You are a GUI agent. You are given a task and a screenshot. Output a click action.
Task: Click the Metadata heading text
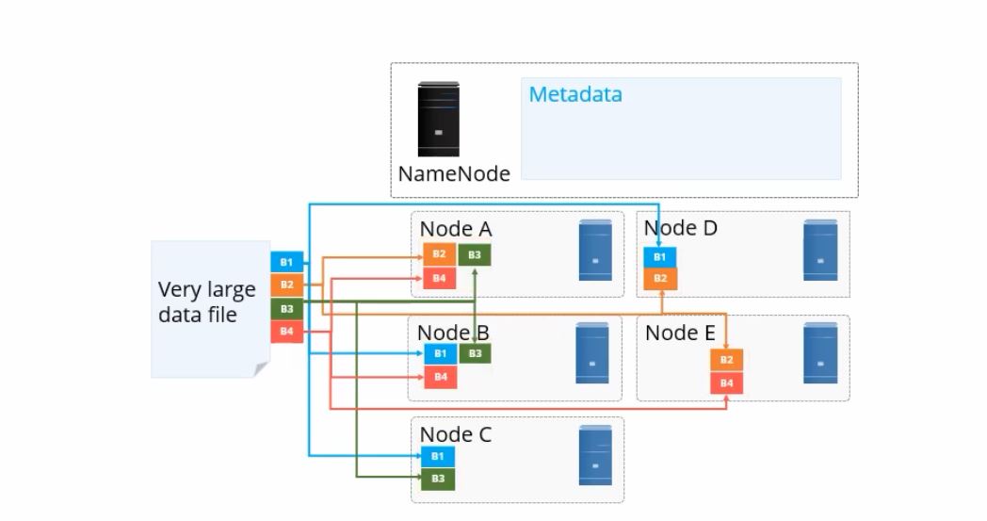point(574,95)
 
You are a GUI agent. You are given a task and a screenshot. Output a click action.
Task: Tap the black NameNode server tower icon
point(439,119)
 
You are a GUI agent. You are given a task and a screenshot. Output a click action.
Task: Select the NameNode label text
point(454,173)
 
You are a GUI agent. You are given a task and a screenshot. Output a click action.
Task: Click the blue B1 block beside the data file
point(286,262)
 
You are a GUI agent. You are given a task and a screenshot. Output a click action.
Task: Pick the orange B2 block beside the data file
point(286,285)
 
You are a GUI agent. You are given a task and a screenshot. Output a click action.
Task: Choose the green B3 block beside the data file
point(286,308)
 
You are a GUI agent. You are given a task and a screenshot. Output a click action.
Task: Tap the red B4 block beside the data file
point(286,332)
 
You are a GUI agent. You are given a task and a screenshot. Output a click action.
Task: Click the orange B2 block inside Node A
point(439,254)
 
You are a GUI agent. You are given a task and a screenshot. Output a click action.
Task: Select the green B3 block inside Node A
point(475,254)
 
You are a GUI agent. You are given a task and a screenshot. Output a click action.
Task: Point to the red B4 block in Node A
point(439,278)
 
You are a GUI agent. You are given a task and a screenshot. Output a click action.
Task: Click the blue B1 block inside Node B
point(439,354)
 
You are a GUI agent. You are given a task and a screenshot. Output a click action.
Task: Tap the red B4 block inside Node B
point(439,377)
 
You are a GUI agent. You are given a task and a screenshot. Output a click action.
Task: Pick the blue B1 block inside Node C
point(437,456)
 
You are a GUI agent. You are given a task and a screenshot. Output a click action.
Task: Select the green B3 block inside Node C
point(437,479)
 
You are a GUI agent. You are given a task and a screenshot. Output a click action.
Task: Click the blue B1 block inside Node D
point(660,256)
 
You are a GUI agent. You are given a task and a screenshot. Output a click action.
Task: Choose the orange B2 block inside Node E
point(726,360)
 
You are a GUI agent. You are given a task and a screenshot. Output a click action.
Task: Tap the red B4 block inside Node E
point(726,383)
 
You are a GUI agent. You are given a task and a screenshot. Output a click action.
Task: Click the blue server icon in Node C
point(593,456)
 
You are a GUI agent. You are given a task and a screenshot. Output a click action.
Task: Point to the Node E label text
point(680,333)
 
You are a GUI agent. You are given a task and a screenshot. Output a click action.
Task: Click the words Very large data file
point(206,301)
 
